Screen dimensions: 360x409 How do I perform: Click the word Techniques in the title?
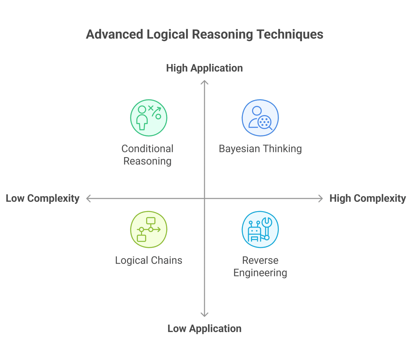click(x=290, y=34)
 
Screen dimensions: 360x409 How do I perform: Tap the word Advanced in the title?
click(x=115, y=34)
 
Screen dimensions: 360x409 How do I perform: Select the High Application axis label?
click(x=204, y=68)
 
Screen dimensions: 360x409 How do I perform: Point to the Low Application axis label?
click(x=204, y=329)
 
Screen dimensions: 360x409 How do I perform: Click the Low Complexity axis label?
click(x=43, y=198)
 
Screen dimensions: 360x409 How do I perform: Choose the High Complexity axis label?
click(x=367, y=198)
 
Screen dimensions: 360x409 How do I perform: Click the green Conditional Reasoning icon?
click(x=149, y=118)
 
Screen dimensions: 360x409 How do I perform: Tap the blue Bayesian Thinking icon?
click(x=260, y=118)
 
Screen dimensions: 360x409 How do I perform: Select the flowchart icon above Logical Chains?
click(x=149, y=230)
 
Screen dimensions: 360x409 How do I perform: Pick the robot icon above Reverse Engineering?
click(x=260, y=230)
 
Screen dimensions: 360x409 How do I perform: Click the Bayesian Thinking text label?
click(x=260, y=149)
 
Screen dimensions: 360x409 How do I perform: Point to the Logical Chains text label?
click(x=149, y=260)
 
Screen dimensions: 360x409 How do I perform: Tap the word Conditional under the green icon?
click(x=147, y=149)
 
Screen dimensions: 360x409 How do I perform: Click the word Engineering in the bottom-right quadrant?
click(x=260, y=273)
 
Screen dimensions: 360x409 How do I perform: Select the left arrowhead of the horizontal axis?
click(x=88, y=198)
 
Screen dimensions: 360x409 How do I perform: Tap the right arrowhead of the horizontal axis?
click(x=321, y=198)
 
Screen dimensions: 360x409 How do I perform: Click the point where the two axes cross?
click(x=204, y=198)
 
